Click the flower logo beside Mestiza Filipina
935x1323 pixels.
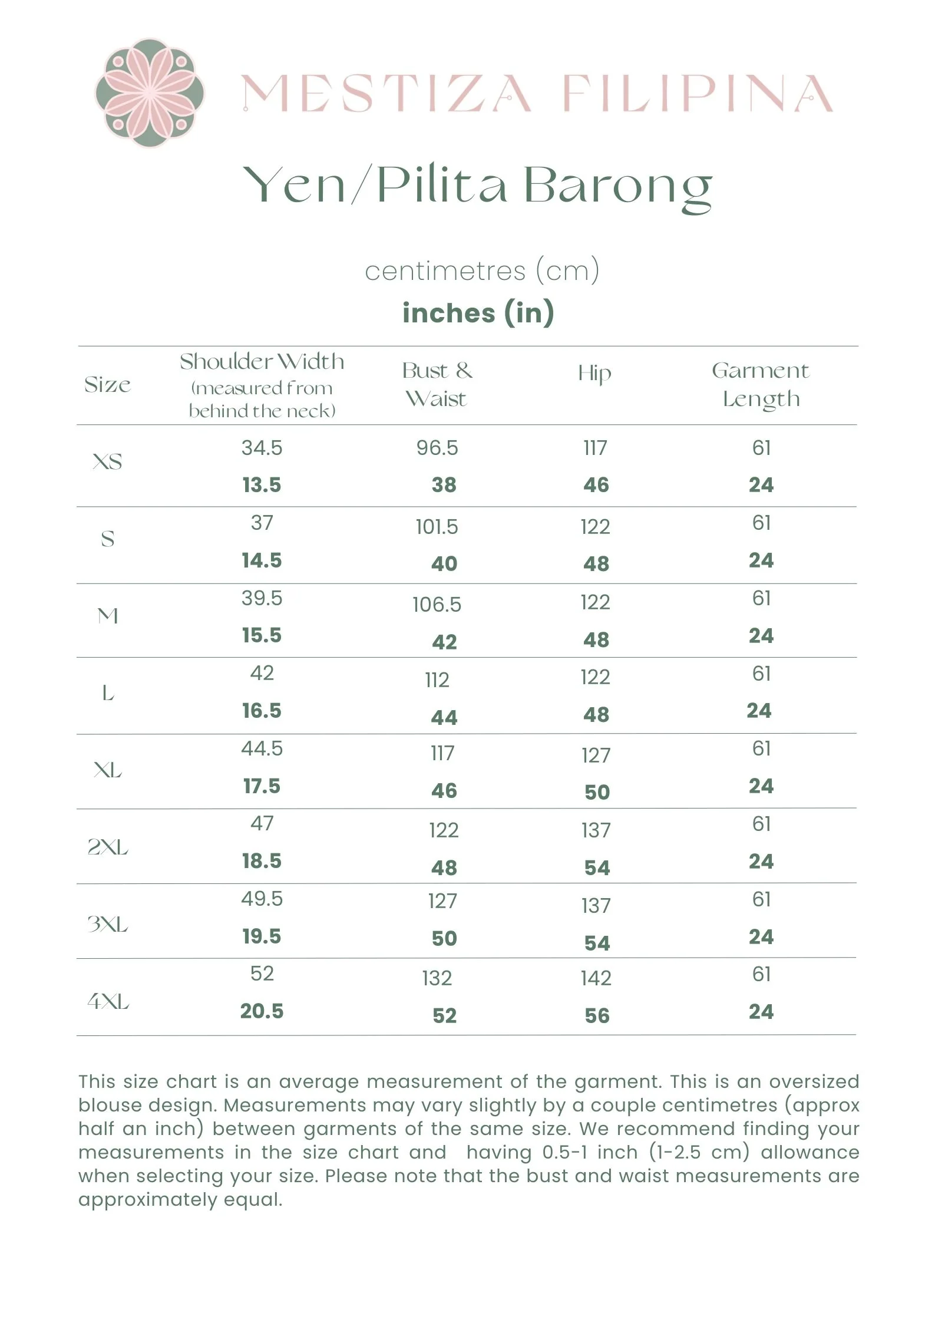pos(150,93)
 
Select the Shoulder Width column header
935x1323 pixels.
pos(262,362)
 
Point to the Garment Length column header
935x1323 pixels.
pos(761,385)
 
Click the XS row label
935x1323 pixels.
pos(108,461)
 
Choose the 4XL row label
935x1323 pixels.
pos(108,1001)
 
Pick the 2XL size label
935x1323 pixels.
pos(108,847)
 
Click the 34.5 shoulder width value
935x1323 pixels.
pos(262,448)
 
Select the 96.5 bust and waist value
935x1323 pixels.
pos(437,448)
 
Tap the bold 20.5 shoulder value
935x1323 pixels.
pos(262,1011)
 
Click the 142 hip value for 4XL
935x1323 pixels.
pos(596,978)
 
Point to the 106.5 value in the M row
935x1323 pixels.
pos(437,605)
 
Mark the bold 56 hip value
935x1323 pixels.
pos(597,1015)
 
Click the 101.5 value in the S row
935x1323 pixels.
pos(437,527)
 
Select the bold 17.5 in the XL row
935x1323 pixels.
pos(262,786)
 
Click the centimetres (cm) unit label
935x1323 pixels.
pos(482,271)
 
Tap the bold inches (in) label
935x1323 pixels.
pos(478,312)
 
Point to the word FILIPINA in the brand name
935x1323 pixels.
pos(698,94)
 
